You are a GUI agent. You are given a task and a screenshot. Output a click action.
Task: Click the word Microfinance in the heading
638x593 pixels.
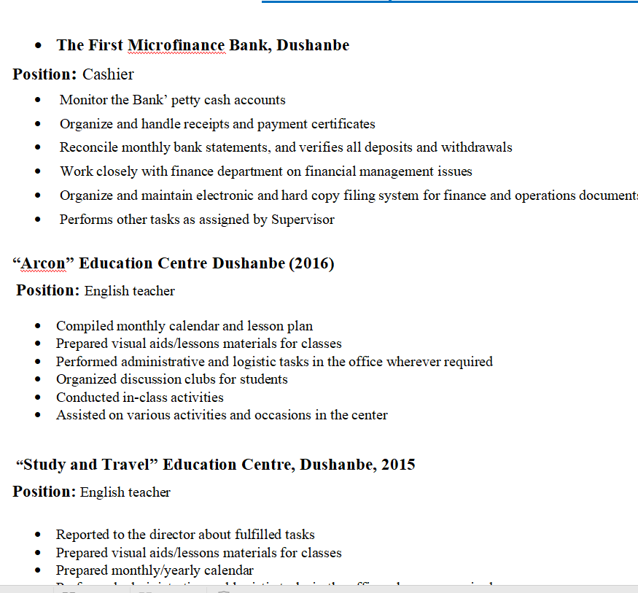pos(177,45)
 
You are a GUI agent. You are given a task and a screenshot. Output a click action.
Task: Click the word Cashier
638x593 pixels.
pos(108,74)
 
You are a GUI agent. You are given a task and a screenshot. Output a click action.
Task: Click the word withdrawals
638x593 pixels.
pos(476,147)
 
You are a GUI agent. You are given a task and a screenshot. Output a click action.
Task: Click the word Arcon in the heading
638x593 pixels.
pos(42,263)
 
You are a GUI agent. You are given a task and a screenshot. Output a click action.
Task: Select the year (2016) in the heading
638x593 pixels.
pos(312,263)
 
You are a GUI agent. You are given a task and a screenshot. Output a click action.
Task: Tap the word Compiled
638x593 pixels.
pos(85,326)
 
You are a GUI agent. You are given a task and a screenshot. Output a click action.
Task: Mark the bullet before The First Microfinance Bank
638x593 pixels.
pos(38,45)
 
